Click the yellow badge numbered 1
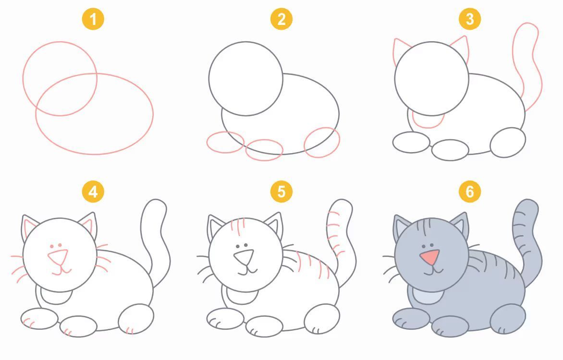pyautogui.click(x=93, y=19)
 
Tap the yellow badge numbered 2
pyautogui.click(x=281, y=19)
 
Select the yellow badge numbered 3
pyautogui.click(x=470, y=19)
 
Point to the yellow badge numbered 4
pyautogui.click(x=93, y=192)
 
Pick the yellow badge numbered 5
pyautogui.click(x=281, y=192)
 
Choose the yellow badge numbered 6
pyautogui.click(x=470, y=192)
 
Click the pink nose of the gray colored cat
pyautogui.click(x=430, y=257)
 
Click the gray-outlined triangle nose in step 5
pyautogui.click(x=245, y=257)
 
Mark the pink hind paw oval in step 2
pyautogui.click(x=322, y=143)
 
